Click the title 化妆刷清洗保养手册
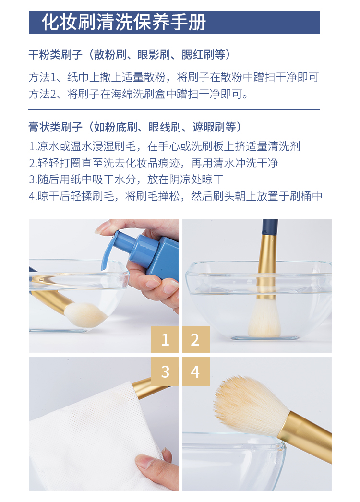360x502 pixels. point(124,22)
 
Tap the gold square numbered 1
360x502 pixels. point(165,339)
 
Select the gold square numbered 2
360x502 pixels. point(196,339)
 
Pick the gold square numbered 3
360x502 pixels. point(165,371)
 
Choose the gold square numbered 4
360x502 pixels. point(196,371)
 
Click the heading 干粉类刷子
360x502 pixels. point(56,54)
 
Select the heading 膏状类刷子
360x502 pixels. point(56,127)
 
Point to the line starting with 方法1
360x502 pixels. point(174,77)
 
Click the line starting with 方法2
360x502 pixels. point(138,94)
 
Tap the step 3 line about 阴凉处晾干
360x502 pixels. point(126,179)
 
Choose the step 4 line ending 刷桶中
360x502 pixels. point(176,196)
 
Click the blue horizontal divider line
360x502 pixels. point(174,109)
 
